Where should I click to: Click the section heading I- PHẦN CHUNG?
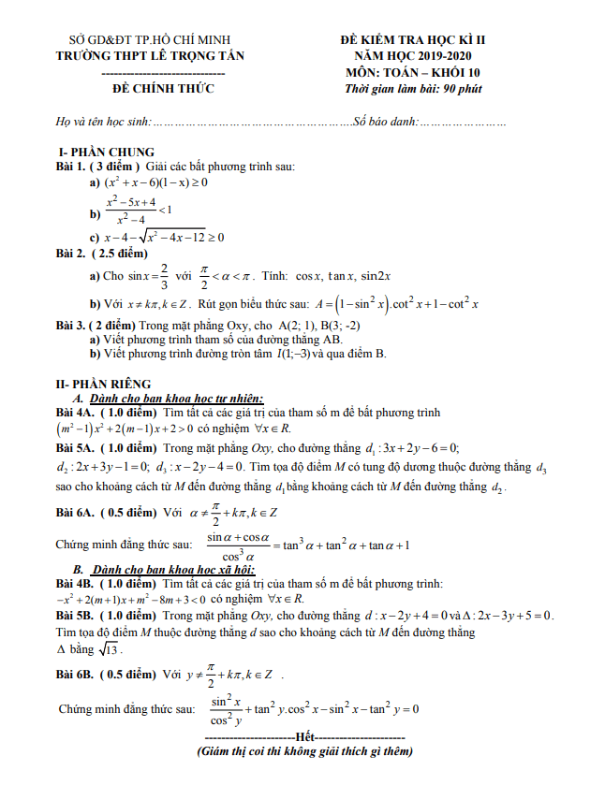pos(106,153)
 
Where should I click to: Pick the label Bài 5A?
pos(75,447)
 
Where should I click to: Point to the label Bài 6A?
pos(75,512)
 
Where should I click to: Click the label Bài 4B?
pos(75,583)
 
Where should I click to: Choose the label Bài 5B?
pos(75,616)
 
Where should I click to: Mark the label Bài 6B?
pos(75,674)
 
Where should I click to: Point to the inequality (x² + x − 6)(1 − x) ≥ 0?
pos(157,182)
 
